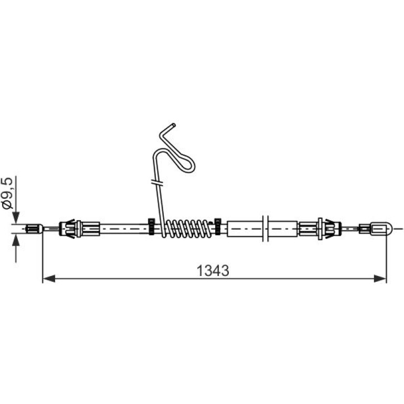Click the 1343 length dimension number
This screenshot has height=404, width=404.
[213, 271]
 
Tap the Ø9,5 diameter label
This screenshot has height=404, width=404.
[7, 193]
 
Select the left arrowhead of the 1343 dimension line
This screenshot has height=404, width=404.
[49, 279]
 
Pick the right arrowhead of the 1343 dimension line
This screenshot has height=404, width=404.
[380, 279]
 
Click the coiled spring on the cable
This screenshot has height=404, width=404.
[188, 228]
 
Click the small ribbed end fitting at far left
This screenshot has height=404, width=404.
[35, 229]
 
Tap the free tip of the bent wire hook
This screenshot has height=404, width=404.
[174, 125]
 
